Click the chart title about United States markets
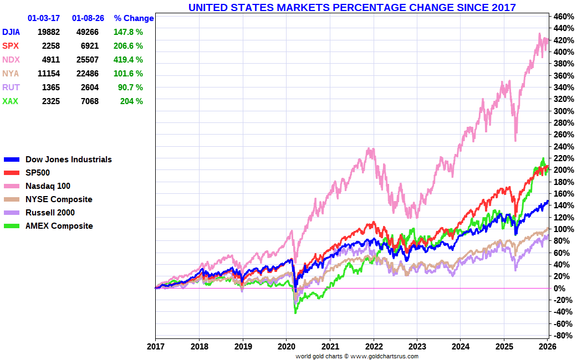pyautogui.click(x=352, y=7)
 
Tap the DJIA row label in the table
pyautogui.click(x=12, y=32)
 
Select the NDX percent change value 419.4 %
pyautogui.click(x=128, y=60)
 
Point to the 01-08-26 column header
pyautogui.click(x=86, y=18)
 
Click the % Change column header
pyautogui.click(x=134, y=18)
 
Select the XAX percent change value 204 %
pyautogui.click(x=131, y=101)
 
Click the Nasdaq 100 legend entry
pyautogui.click(x=48, y=186)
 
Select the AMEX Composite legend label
pyautogui.click(x=59, y=226)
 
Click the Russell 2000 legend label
pyautogui.click(x=50, y=213)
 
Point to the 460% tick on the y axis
pyautogui.click(x=563, y=16)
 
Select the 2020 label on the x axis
pyautogui.click(x=286, y=347)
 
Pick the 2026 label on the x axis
pyautogui.click(x=548, y=347)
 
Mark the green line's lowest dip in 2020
pyautogui.click(x=295, y=313)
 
